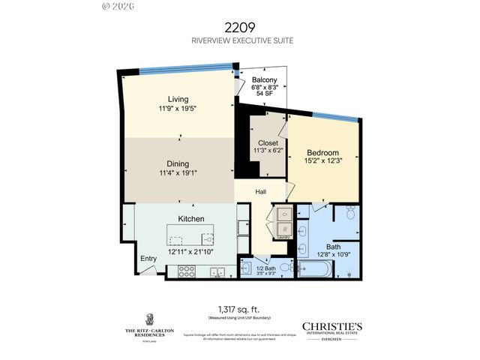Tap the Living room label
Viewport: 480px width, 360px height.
pyautogui.click(x=178, y=99)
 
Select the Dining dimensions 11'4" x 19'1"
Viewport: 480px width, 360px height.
pyautogui.click(x=178, y=173)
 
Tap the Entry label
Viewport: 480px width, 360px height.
pyautogui.click(x=148, y=259)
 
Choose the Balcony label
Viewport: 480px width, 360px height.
pyautogui.click(x=265, y=79)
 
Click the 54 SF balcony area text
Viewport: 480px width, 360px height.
pyautogui.click(x=265, y=94)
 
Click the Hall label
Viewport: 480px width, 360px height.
pyautogui.click(x=260, y=192)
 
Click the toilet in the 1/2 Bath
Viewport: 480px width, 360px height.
pyautogui.click(x=248, y=266)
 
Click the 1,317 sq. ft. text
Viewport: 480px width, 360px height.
pyautogui.click(x=239, y=308)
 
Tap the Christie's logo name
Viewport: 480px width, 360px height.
pyautogui.click(x=331, y=325)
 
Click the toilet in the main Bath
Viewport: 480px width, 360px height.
pyautogui.click(x=349, y=215)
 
